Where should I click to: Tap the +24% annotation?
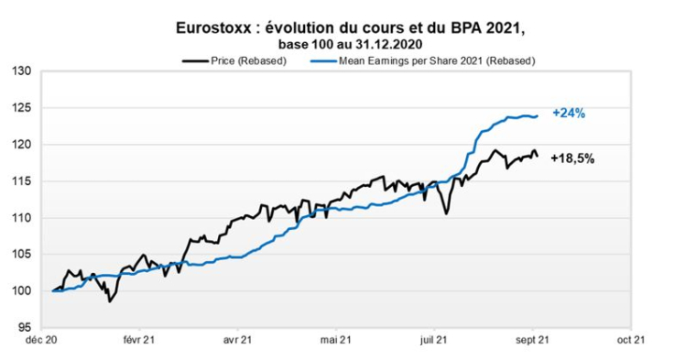(x=568, y=114)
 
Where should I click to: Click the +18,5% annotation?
(x=572, y=158)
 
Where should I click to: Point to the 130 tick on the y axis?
(x=23, y=71)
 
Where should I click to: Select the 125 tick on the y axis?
(x=23, y=108)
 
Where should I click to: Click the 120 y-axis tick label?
(x=23, y=145)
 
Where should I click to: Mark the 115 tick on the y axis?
(x=23, y=181)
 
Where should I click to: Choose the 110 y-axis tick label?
(x=23, y=218)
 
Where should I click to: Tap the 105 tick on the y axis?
(x=23, y=255)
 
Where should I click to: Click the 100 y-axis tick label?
(x=23, y=291)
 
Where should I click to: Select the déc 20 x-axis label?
(x=44, y=340)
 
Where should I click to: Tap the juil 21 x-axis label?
(x=436, y=340)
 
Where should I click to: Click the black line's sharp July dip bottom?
(x=445, y=214)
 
